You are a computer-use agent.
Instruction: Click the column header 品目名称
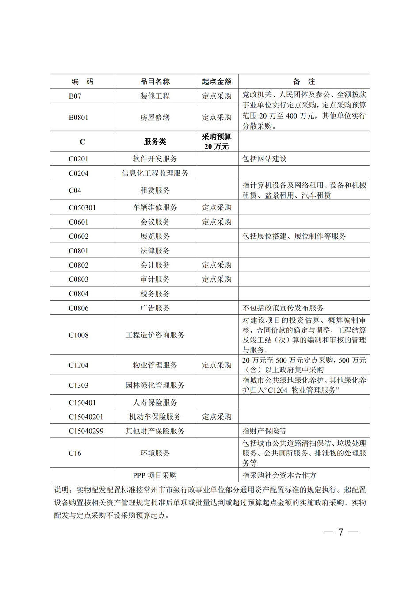coord(155,82)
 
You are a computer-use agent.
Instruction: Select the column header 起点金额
coord(217,82)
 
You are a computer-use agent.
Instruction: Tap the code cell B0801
coord(79,117)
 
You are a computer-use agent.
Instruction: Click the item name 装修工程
coord(155,96)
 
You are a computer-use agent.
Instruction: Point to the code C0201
coord(79,159)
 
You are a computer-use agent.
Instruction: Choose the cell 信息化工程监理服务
coord(155,173)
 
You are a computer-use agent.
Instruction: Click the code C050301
coord(82,207)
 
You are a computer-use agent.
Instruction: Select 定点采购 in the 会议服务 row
coord(217,222)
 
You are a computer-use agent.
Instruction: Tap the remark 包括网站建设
coord(264,159)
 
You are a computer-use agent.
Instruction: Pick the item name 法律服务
coord(155,251)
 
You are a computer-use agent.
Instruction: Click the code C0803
coord(79,279)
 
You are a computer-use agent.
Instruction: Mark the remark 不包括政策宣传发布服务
coord(283,308)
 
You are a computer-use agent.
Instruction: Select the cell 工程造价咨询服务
coord(155,335)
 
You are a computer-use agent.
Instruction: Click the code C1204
coord(79,365)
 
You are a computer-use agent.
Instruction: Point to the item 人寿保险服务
coord(155,402)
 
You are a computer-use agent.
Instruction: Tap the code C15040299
coord(86,431)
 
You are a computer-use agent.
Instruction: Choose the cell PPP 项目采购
coord(155,475)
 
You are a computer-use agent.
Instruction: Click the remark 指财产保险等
coord(264,431)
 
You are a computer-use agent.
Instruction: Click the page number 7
coord(340,532)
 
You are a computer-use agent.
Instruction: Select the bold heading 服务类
coord(155,142)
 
